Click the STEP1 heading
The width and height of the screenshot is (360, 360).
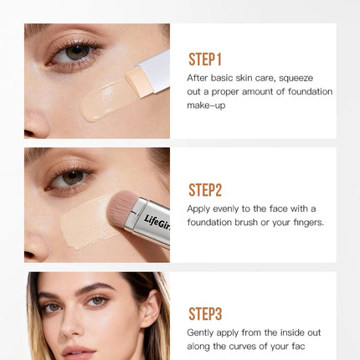tap(205, 59)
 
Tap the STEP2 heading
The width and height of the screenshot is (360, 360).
tap(205, 190)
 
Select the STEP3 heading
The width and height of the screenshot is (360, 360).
tap(205, 314)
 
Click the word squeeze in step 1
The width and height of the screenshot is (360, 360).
tap(296, 79)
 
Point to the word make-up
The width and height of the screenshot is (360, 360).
tap(206, 105)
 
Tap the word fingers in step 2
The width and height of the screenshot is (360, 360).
tap(309, 223)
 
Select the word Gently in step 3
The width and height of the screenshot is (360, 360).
tap(200, 333)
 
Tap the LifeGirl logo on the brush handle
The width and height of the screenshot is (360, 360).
tap(157, 223)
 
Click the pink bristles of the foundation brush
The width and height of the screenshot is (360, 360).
tap(121, 206)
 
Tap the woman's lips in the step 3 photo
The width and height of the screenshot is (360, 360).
tap(79, 352)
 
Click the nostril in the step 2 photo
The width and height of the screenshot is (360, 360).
tap(28, 255)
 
